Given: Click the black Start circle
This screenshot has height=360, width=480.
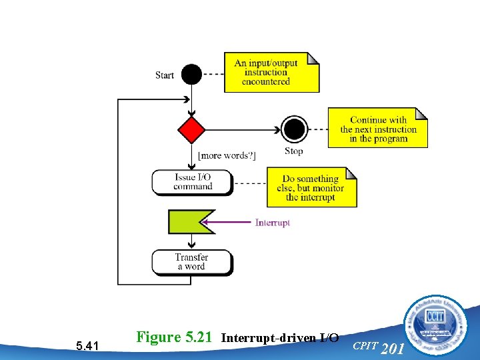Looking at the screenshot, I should click(191, 74).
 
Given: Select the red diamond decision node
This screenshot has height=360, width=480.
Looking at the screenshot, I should click(191, 129).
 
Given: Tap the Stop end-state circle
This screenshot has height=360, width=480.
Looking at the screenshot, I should click(294, 129).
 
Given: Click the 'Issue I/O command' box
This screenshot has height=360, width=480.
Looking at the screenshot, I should click(192, 182).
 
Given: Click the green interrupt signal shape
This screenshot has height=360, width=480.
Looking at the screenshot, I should click(189, 222).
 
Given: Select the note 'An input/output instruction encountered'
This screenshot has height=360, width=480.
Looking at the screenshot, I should click(271, 72).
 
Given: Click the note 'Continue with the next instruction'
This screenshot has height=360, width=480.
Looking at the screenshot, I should click(377, 129).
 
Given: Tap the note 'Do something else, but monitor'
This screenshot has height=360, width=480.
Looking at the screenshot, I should click(311, 188).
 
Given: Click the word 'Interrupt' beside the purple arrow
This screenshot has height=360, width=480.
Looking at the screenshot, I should click(272, 223).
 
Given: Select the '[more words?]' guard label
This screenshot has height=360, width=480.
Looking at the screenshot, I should click(227, 155).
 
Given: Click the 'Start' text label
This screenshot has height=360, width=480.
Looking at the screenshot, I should click(165, 75).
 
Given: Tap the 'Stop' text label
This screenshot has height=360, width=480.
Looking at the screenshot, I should click(294, 151).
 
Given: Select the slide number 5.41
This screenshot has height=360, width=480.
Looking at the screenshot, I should click(87, 345).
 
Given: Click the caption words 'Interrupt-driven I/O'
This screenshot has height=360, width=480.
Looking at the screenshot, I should click(280, 338).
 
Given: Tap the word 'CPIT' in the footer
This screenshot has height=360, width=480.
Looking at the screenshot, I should click(365, 345).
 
